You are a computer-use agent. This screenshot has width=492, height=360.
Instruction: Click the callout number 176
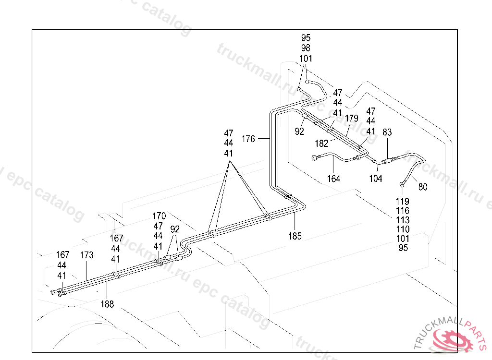tap(248, 139)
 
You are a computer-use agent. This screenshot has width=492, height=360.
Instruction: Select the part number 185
tap(295, 236)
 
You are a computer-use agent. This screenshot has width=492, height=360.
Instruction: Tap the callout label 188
tap(107, 304)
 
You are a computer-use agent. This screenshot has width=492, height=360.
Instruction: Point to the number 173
tap(86, 255)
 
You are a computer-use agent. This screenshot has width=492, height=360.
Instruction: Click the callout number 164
tap(333, 179)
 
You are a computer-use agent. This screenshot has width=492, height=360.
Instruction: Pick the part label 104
tap(375, 179)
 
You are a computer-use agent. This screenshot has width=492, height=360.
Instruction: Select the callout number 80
tap(423, 187)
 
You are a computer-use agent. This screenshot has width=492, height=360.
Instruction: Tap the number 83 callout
tap(387, 132)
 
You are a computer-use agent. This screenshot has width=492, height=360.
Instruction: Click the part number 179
tap(351, 118)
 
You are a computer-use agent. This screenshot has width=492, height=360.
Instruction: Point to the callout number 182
tap(321, 144)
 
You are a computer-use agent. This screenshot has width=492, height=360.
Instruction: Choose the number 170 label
tap(159, 216)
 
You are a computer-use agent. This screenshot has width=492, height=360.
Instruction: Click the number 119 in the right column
tap(403, 201)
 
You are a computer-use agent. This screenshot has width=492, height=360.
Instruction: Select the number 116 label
tap(403, 211)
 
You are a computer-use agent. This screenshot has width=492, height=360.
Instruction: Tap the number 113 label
tap(403, 220)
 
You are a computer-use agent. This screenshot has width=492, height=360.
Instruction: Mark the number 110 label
tap(403, 229)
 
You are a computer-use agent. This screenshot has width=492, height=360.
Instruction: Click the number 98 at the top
tap(306, 48)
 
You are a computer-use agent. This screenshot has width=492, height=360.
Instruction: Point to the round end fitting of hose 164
tap(314, 158)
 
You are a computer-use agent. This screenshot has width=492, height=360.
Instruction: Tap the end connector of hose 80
tap(402, 184)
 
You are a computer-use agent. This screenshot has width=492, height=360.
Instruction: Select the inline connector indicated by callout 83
tap(388, 161)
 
